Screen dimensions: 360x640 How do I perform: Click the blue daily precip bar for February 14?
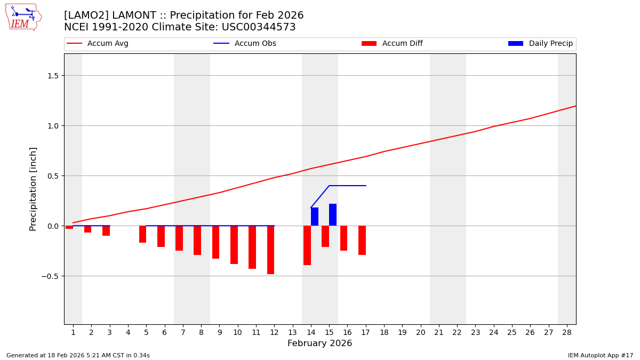(x=315, y=217)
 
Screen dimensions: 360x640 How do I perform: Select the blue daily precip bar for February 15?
(x=333, y=215)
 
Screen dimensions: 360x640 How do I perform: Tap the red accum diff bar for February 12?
(x=270, y=250)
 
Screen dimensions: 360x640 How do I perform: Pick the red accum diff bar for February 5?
(x=142, y=234)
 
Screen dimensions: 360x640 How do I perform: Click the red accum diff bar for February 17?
(x=362, y=240)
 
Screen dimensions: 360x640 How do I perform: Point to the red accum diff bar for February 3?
(x=106, y=230)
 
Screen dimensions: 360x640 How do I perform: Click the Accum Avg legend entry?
(x=98, y=44)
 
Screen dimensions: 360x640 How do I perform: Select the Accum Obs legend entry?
(x=245, y=44)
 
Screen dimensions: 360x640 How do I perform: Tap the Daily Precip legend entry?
(x=540, y=44)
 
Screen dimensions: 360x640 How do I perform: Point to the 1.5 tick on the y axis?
(x=52, y=76)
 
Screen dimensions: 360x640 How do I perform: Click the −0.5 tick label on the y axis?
(x=50, y=276)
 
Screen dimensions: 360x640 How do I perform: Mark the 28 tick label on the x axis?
(x=567, y=333)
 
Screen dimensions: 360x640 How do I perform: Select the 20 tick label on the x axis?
(x=420, y=333)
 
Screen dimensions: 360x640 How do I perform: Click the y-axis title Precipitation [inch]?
(x=33, y=189)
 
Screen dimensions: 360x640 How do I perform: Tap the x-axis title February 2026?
(x=319, y=343)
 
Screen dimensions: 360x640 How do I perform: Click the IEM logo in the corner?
(x=23, y=17)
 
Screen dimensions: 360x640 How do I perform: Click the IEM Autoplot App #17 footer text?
(x=600, y=355)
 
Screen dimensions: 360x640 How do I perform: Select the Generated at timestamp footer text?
(x=78, y=355)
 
